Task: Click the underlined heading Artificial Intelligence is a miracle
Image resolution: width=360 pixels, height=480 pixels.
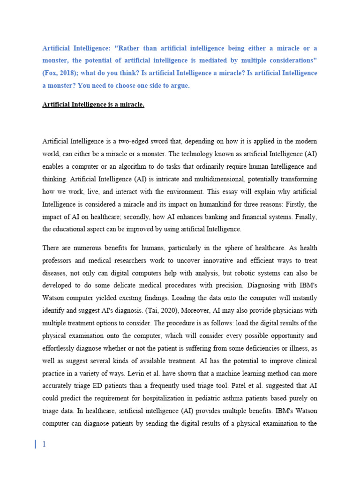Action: (93, 105)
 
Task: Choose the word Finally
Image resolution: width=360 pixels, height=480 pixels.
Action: (305, 217)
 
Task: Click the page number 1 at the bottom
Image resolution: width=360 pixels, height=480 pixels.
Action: (44, 444)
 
